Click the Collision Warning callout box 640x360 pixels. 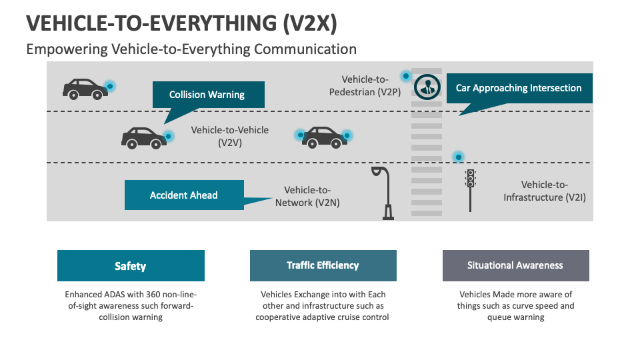pyautogui.click(x=208, y=95)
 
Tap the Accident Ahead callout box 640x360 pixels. pyautogui.click(x=184, y=195)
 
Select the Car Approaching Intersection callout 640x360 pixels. pyautogui.click(x=519, y=88)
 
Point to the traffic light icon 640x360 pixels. pyautogui.click(x=470, y=186)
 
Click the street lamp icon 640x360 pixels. pyautogui.click(x=383, y=192)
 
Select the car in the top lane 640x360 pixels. pyautogui.click(x=85, y=88)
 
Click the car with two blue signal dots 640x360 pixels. pyautogui.click(x=324, y=137)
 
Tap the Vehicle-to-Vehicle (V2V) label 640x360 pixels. pyautogui.click(x=230, y=136)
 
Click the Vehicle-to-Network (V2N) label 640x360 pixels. pyautogui.click(x=307, y=196)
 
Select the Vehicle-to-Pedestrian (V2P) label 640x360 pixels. pyautogui.click(x=365, y=86)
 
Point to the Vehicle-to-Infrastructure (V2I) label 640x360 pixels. pyautogui.click(x=544, y=191)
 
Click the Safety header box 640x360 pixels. pyautogui.click(x=131, y=266)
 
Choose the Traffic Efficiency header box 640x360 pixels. pyautogui.click(x=323, y=265)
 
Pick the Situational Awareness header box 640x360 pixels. pyautogui.click(x=515, y=265)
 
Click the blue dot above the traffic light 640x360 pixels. pyautogui.click(x=458, y=157)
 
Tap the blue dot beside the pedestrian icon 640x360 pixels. pyautogui.click(x=405, y=75)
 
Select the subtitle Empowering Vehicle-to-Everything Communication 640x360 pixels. pyautogui.click(x=191, y=49)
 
